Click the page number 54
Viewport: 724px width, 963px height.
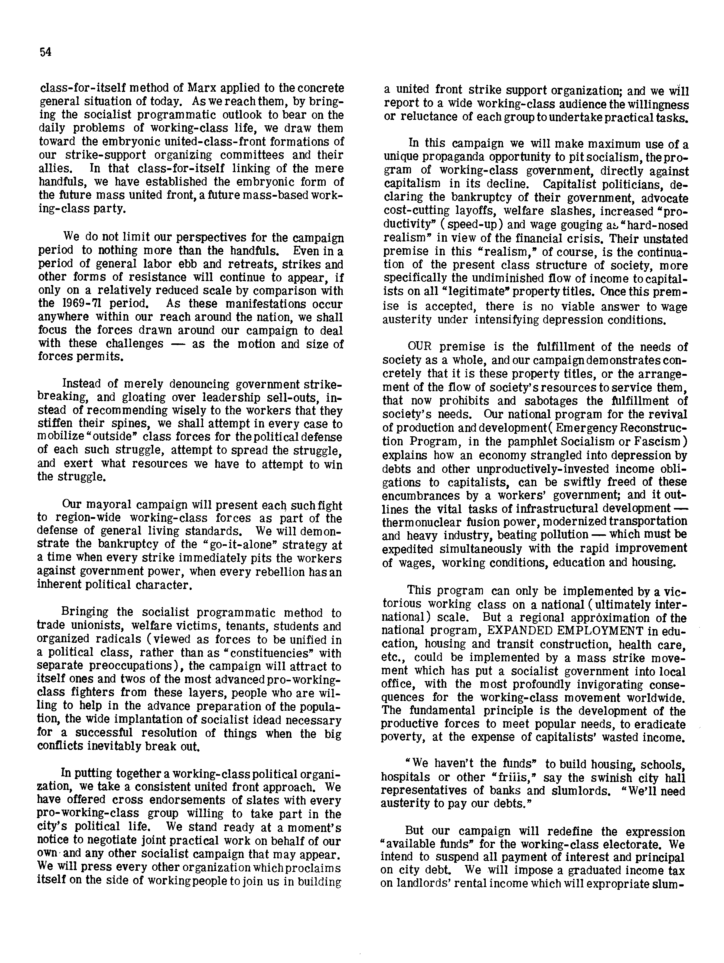pos(46,52)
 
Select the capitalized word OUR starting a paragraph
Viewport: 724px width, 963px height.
pos(421,347)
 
